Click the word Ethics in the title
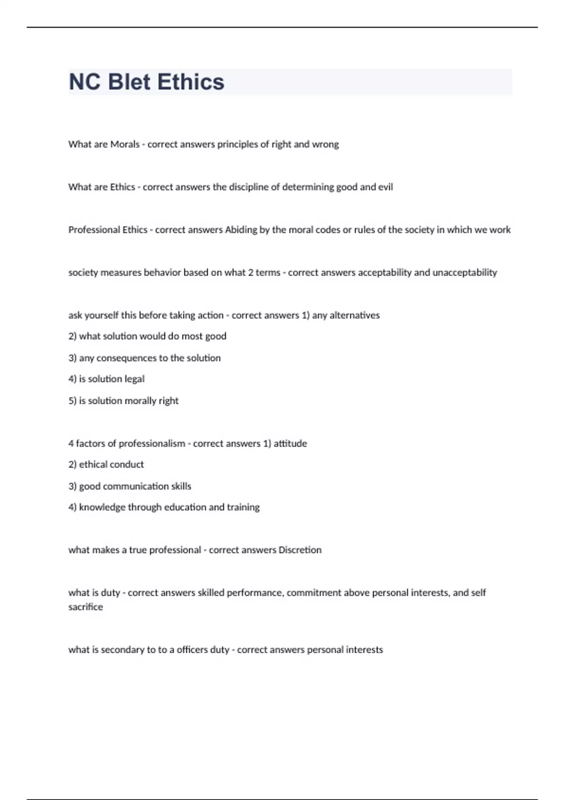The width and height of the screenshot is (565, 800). point(191,82)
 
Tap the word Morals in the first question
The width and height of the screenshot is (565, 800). point(125,144)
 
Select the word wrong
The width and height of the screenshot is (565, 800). point(325,144)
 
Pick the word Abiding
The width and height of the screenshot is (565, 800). point(241,230)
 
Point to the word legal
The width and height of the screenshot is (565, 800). point(134,379)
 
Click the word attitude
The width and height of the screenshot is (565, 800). point(290,443)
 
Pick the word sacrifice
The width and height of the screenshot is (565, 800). point(86,607)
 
